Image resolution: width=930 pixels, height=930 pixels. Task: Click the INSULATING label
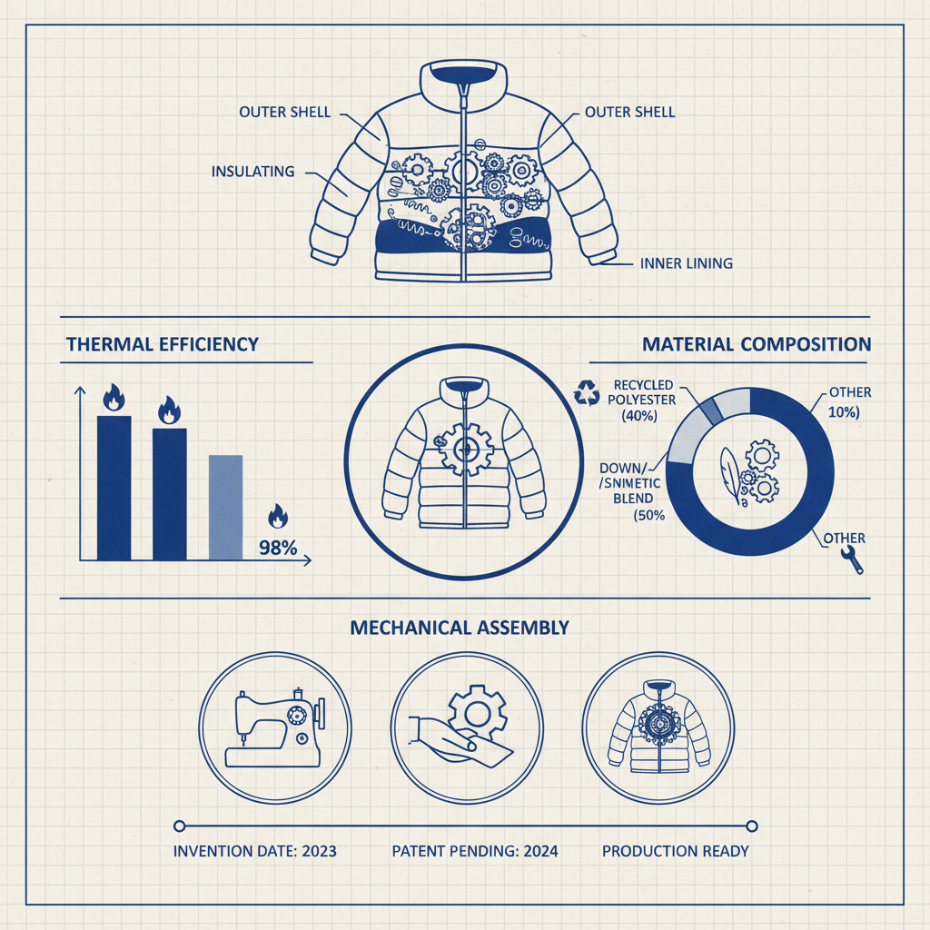(x=252, y=172)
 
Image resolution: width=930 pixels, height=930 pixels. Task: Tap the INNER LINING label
(x=687, y=263)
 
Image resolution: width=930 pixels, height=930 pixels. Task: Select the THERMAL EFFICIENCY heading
(x=162, y=344)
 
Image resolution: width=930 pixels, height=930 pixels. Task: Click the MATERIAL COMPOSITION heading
(x=757, y=344)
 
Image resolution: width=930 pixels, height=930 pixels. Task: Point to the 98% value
(x=278, y=548)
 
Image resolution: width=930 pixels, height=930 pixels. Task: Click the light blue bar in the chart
(x=225, y=507)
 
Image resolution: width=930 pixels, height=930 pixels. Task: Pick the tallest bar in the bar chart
(x=114, y=488)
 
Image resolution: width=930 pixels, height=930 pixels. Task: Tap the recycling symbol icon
(x=587, y=393)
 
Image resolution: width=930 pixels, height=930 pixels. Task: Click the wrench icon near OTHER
(x=852, y=559)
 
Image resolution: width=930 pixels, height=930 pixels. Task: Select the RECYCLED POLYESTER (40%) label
(x=641, y=401)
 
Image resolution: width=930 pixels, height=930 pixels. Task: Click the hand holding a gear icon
(x=461, y=727)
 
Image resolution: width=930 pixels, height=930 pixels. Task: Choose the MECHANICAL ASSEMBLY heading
(x=460, y=628)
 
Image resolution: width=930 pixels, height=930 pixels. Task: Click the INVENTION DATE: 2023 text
(x=255, y=851)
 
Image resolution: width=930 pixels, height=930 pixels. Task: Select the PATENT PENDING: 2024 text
(x=475, y=851)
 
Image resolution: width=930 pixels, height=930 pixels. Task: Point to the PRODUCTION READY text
(x=676, y=851)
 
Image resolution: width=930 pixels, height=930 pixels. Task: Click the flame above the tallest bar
(x=114, y=398)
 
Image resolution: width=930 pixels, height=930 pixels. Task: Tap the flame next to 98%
(x=278, y=516)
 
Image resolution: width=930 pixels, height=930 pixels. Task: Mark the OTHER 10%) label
(x=848, y=402)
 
